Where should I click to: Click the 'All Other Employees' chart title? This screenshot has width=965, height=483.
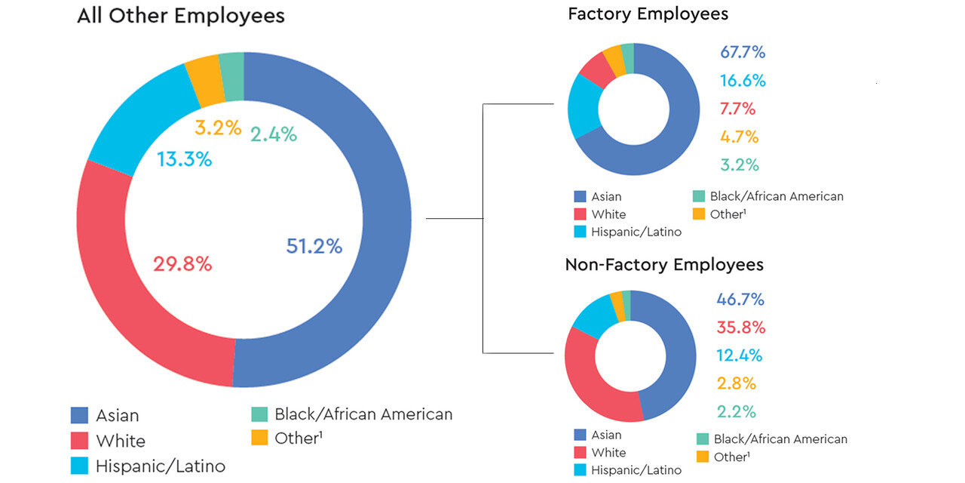click(181, 16)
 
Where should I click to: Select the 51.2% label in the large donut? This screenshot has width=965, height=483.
click(314, 246)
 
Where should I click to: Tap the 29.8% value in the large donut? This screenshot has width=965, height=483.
click(182, 264)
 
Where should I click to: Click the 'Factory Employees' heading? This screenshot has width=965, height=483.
click(648, 14)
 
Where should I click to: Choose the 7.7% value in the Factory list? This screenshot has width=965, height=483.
click(738, 109)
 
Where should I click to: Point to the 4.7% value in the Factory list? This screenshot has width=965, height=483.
click(739, 137)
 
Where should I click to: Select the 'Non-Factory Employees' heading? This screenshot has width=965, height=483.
click(664, 265)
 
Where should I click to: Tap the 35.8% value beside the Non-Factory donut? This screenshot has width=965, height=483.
click(740, 328)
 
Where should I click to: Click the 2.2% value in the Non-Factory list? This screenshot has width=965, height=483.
click(737, 412)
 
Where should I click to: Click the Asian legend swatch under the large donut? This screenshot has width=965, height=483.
click(79, 415)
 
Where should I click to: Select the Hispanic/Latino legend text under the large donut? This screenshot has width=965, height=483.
click(160, 466)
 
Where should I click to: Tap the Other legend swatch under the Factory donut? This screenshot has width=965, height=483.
click(698, 214)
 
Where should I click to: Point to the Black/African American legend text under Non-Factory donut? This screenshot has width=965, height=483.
click(780, 439)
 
